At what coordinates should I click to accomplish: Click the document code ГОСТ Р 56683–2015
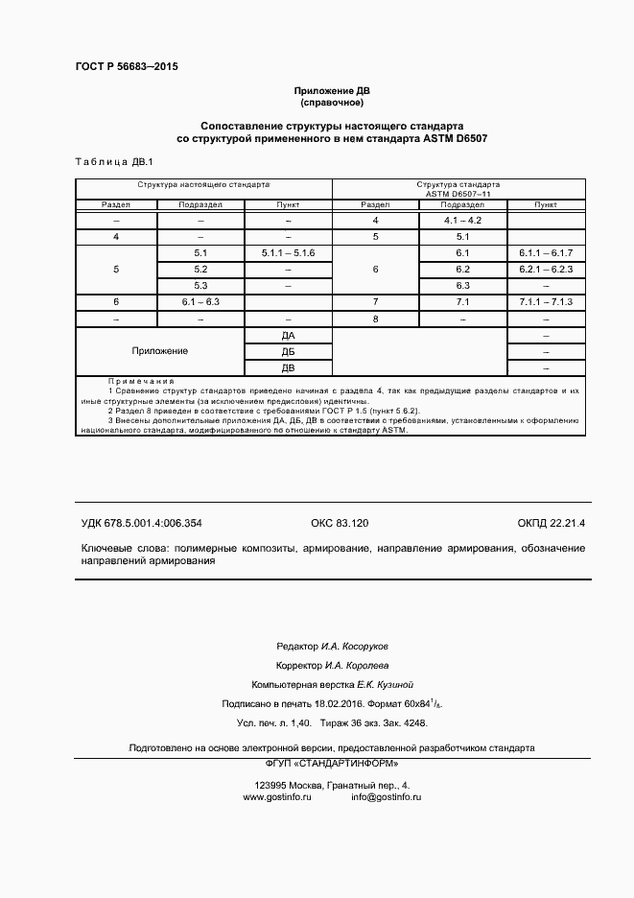[x=127, y=66]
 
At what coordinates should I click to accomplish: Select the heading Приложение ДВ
[x=332, y=90]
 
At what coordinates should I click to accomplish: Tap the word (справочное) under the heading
[x=332, y=102]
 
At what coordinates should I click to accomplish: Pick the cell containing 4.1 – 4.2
[x=462, y=221]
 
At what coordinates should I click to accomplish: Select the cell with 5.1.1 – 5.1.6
[x=288, y=252]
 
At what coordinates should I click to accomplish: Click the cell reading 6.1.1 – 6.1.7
[x=545, y=252]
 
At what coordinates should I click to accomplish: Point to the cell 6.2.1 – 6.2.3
[x=545, y=269]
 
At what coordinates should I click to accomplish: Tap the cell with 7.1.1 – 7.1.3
[x=545, y=301]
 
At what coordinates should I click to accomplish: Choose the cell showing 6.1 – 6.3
[x=200, y=301]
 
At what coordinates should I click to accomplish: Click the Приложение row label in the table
[x=160, y=351]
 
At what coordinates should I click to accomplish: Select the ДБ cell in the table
[x=288, y=351]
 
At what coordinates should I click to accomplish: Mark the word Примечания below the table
[x=135, y=381]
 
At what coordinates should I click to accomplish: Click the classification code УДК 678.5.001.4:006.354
[x=141, y=523]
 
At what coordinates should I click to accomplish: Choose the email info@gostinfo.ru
[x=386, y=797]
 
